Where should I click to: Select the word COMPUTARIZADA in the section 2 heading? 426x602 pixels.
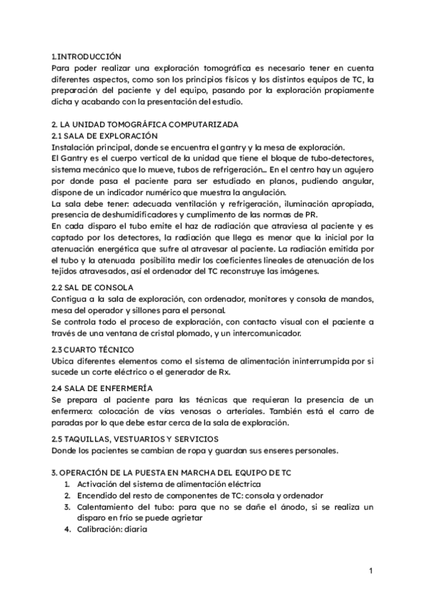(177, 124)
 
